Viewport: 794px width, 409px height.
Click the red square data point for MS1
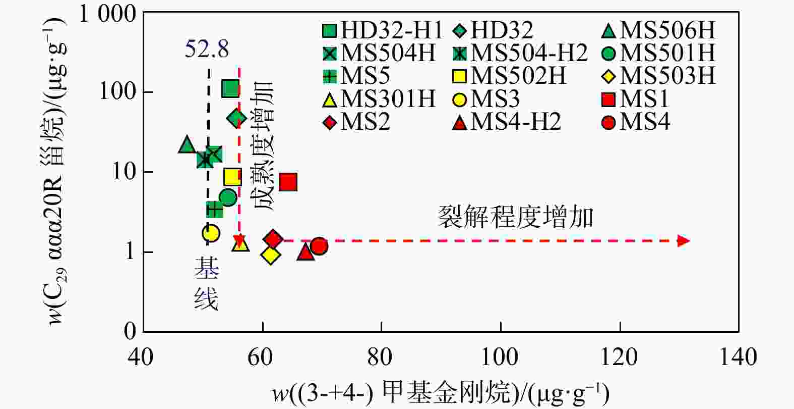(288, 182)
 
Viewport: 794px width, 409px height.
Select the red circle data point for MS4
(319, 246)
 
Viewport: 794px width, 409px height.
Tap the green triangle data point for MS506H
(187, 145)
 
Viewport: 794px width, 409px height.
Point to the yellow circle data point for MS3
(211, 233)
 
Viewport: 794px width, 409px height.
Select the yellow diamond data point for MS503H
(271, 255)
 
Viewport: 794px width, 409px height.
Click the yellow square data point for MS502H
(232, 177)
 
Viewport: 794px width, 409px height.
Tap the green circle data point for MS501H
(228, 197)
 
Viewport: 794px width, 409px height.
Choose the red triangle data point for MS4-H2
(306, 251)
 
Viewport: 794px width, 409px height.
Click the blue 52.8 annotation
(207, 49)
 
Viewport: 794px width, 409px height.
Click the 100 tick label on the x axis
(500, 357)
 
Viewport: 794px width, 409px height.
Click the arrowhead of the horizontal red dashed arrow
(683, 240)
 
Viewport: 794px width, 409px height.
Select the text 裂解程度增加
(515, 217)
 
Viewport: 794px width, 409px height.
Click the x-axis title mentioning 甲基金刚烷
(441, 393)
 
